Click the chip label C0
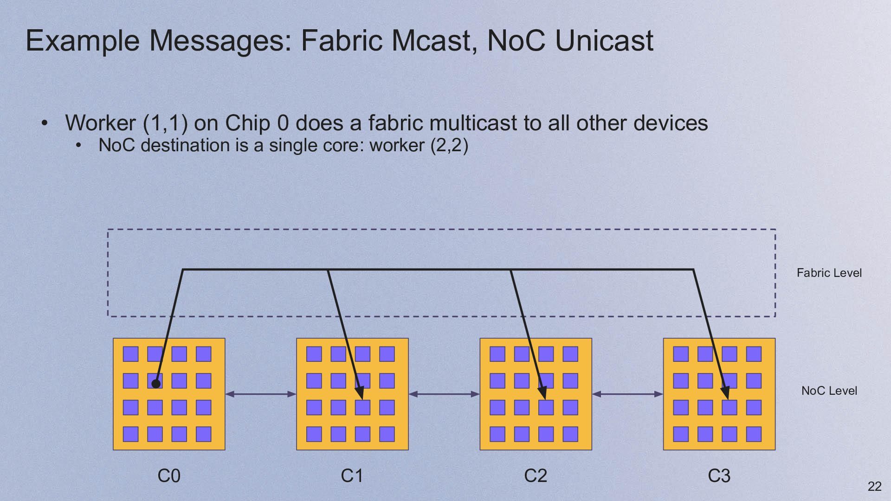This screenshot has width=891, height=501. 169,476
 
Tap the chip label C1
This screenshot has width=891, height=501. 352,476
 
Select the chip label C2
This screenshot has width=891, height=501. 536,476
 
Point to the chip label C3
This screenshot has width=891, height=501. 719,476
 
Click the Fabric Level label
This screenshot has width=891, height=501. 829,273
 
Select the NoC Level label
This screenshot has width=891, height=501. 829,391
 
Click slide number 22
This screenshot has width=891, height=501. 874,486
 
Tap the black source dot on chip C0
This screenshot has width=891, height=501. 156,384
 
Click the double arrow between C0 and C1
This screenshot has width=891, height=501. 261,394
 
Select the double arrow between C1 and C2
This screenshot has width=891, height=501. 444,394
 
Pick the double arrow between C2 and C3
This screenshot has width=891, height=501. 627,394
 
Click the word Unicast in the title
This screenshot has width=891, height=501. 604,40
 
